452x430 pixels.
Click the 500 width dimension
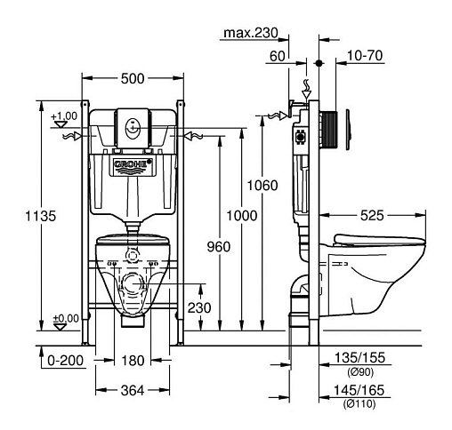[133, 78]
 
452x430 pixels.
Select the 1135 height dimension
[40, 216]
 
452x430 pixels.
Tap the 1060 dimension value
[262, 186]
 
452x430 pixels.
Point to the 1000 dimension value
[242, 216]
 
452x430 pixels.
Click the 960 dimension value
[219, 247]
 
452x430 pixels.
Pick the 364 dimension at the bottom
[133, 390]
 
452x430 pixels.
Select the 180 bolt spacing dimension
[133, 361]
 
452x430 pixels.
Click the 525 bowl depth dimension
[372, 215]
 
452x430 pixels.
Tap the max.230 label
[251, 33]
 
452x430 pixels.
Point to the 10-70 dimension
[365, 55]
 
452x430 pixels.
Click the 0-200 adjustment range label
[65, 361]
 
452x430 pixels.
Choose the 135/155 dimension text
[359, 357]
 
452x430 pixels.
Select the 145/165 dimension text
[359, 390]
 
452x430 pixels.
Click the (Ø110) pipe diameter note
[359, 403]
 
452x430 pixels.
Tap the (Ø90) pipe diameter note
[360, 372]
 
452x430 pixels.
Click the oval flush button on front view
[133, 128]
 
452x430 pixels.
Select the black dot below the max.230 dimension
[319, 63]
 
